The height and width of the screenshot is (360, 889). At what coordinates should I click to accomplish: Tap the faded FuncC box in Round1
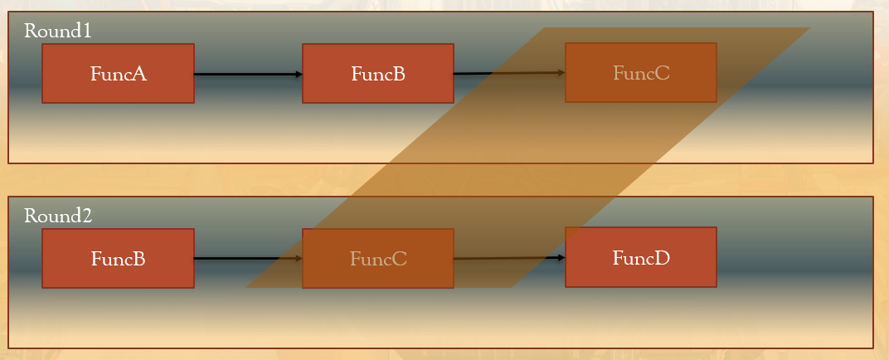click(x=640, y=90)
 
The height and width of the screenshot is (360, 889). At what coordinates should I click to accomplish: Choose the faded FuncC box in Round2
click(x=377, y=276)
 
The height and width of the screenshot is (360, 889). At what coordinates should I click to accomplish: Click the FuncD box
click(x=640, y=275)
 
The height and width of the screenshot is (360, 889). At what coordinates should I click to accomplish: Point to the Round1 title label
click(x=57, y=32)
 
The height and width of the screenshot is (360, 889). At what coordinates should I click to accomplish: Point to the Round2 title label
click(x=57, y=216)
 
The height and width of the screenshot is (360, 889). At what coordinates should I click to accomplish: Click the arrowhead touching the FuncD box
click(x=561, y=257)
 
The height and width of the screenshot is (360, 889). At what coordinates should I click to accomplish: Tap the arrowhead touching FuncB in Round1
click(x=299, y=74)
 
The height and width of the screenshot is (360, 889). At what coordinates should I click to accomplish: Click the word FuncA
click(x=118, y=74)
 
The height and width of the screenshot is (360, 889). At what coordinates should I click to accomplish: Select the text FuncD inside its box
click(x=640, y=258)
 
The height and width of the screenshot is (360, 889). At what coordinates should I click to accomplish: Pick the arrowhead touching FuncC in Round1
click(x=561, y=72)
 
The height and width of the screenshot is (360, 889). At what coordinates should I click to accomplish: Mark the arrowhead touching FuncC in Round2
click(x=299, y=258)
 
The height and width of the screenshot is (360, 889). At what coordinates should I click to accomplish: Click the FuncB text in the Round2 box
click(x=118, y=259)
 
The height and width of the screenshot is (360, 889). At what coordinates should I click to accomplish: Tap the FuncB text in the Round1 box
click(x=377, y=74)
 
